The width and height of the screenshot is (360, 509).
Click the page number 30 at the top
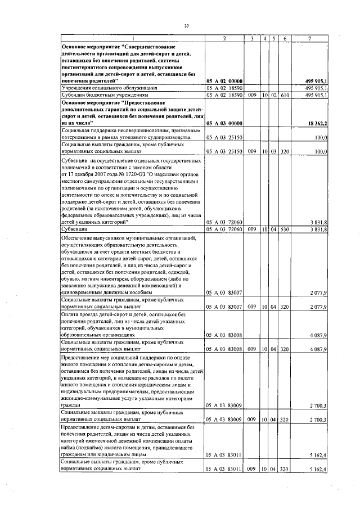186,25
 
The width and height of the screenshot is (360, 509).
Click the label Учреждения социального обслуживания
105,88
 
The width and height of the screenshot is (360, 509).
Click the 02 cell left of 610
273,96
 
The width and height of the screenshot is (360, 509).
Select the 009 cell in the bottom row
252,469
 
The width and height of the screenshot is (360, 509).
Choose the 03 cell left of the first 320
273,151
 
